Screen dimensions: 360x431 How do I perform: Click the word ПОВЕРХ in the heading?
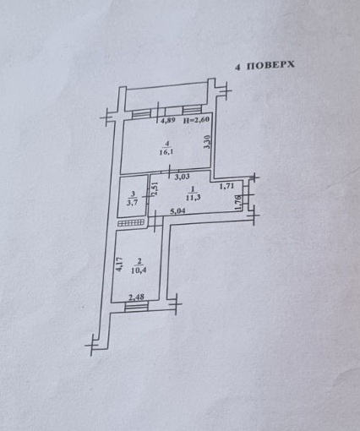point(270,65)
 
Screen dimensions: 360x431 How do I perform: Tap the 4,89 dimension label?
point(168,120)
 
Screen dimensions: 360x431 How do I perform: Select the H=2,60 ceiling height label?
point(196,120)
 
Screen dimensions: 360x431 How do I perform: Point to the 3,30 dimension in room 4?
point(208,142)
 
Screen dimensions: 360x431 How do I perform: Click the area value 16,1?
point(166,152)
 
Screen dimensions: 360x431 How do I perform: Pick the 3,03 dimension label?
point(183,177)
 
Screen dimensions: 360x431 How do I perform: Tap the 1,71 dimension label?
point(226,186)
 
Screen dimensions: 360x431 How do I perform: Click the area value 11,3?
point(194,198)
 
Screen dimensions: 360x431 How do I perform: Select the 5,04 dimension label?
point(178,210)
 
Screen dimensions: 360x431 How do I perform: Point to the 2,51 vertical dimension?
point(155,189)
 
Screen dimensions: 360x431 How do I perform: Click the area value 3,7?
point(132,203)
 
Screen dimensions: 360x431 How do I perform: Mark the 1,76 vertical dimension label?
point(238,203)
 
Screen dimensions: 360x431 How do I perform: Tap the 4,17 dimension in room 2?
point(119,265)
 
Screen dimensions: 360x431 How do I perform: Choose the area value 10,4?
point(139,270)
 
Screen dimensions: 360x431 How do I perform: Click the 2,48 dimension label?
point(137,297)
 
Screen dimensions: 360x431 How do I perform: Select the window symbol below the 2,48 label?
point(136,307)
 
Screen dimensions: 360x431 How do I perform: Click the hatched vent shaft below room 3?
point(132,223)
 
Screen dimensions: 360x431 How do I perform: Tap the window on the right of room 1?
point(246,195)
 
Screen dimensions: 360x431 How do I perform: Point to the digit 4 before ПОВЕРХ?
point(238,67)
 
